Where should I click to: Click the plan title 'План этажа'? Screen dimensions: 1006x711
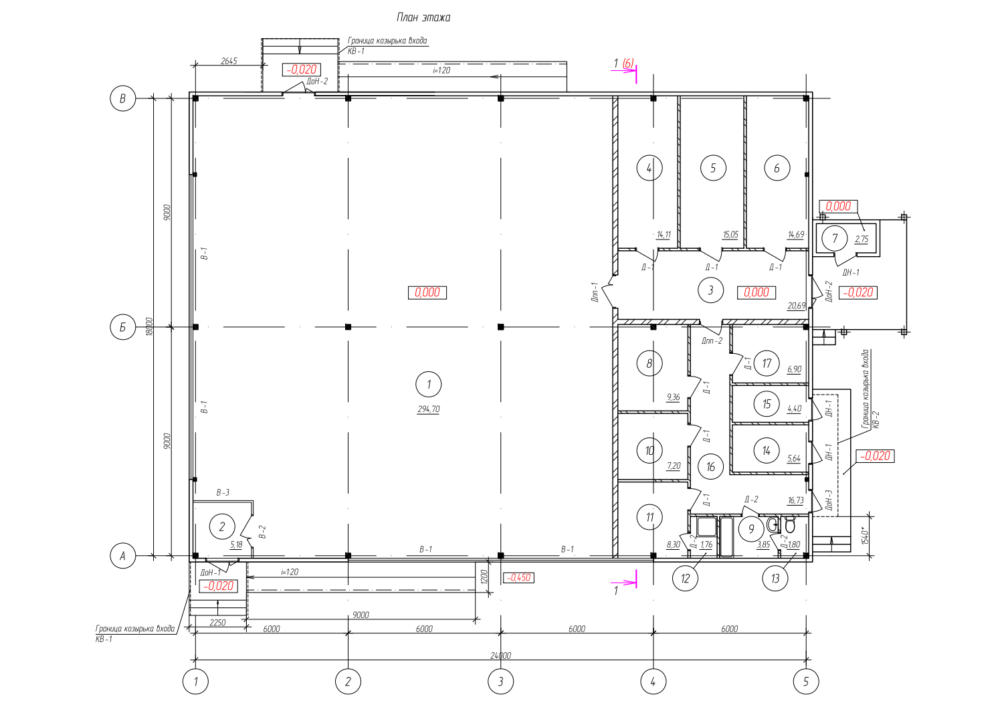(423, 17)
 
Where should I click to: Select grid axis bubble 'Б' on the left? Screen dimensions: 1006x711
(122, 328)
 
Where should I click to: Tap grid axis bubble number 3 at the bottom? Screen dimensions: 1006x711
(501, 682)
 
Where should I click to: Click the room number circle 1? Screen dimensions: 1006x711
(429, 385)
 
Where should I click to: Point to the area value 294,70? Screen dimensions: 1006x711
(429, 409)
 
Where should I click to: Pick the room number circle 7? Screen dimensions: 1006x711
(835, 239)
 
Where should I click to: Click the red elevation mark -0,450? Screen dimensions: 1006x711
(519, 578)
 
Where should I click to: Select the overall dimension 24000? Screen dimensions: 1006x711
(501, 655)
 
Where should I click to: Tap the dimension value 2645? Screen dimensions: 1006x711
(229, 61)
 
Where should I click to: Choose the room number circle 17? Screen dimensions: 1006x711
(767, 363)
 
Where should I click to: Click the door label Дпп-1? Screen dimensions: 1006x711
(595, 292)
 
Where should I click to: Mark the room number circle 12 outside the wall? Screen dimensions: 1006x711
(685, 578)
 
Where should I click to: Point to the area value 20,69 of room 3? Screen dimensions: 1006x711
(796, 306)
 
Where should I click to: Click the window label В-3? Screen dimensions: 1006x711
(223, 492)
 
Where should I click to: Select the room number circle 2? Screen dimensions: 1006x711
(222, 526)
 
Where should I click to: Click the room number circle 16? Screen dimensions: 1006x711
(710, 467)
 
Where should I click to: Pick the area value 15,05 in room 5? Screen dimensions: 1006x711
(730, 235)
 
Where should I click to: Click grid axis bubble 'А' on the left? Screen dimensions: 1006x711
(122, 556)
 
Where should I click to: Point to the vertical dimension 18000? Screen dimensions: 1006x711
(149, 326)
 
